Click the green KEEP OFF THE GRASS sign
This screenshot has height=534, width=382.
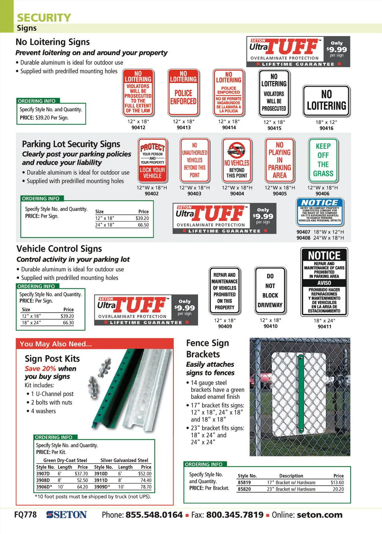click(323, 160)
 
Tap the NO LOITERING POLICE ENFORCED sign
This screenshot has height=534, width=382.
click(183, 92)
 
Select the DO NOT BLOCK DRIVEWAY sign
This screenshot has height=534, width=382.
click(270, 290)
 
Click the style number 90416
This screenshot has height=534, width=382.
click(326, 128)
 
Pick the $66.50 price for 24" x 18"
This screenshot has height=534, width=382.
click(143, 225)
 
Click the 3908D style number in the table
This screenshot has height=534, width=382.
click(43, 480)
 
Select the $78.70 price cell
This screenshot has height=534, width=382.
click(146, 487)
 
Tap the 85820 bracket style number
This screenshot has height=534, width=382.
click(244, 489)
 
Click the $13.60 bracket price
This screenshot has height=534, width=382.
click(337, 483)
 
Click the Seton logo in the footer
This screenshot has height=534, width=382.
click(66, 515)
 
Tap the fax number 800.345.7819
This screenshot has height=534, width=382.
click(235, 515)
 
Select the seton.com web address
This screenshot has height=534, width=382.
click(319, 515)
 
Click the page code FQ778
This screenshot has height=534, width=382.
click(25, 515)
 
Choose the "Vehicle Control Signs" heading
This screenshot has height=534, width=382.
click(59, 249)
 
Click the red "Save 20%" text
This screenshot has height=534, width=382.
click(40, 368)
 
